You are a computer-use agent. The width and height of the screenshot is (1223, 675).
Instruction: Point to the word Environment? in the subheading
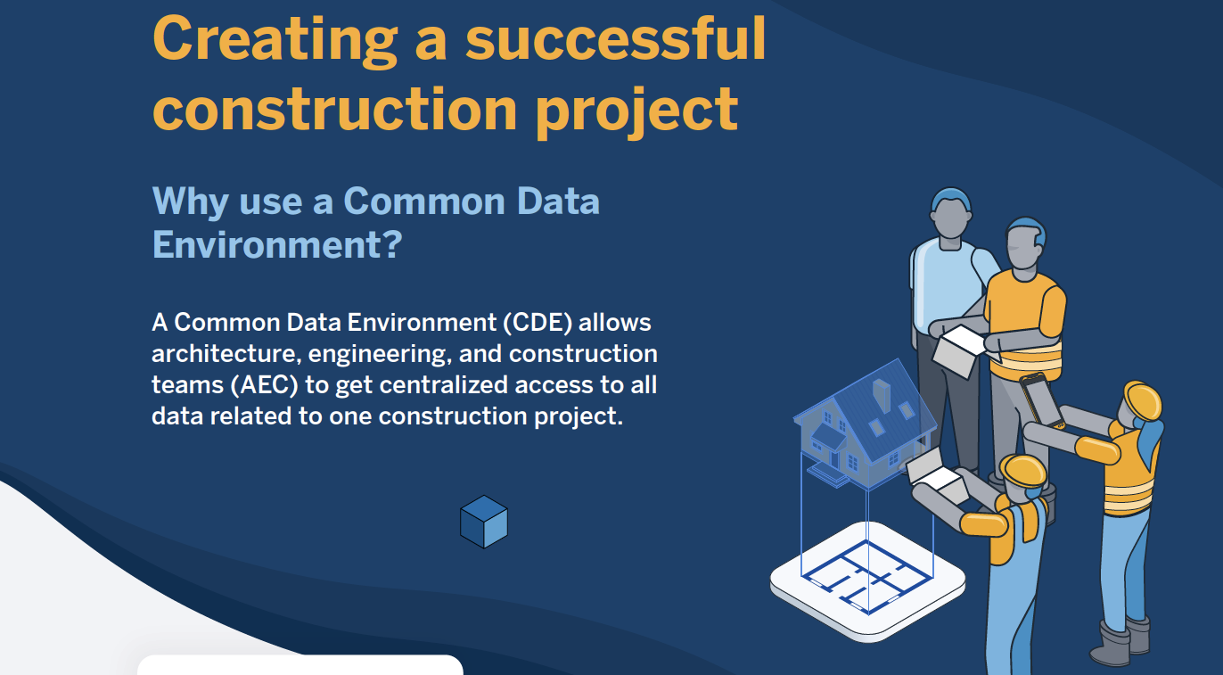click(x=277, y=244)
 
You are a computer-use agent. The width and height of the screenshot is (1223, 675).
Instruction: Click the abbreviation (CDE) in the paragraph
click(x=538, y=323)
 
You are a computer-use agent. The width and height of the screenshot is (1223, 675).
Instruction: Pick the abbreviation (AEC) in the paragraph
click(x=264, y=385)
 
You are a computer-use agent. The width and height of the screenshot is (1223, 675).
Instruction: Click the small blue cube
click(x=484, y=522)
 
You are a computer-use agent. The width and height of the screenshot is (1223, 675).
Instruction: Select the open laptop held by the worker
click(x=936, y=475)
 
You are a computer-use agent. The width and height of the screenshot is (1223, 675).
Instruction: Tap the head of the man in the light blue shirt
click(x=950, y=215)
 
